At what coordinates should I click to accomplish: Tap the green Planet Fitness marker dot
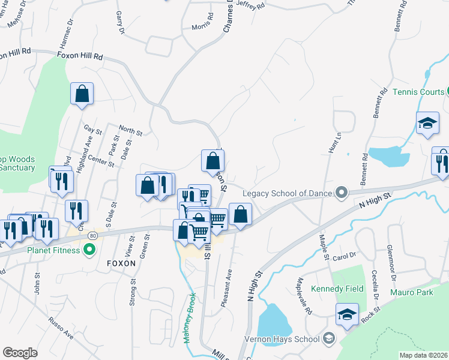pyautogui.click(x=90, y=248)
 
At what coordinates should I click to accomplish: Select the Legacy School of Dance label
pyautogui.click(x=287, y=193)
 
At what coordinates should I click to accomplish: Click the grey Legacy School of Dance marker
pyautogui.click(x=342, y=193)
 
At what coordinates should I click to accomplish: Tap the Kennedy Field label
pyautogui.click(x=337, y=289)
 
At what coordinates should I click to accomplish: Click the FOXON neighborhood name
pyautogui.click(x=121, y=263)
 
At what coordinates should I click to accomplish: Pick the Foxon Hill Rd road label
pyautogui.click(x=80, y=56)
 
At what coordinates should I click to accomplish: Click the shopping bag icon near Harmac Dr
pyautogui.click(x=82, y=95)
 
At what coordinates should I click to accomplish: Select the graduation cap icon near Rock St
pyautogui.click(x=348, y=314)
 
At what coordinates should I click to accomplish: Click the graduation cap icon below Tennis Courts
pyautogui.click(x=427, y=122)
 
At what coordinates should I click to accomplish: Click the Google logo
pyautogui.click(x=20, y=353)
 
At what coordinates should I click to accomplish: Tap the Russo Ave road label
pyautogui.click(x=62, y=328)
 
